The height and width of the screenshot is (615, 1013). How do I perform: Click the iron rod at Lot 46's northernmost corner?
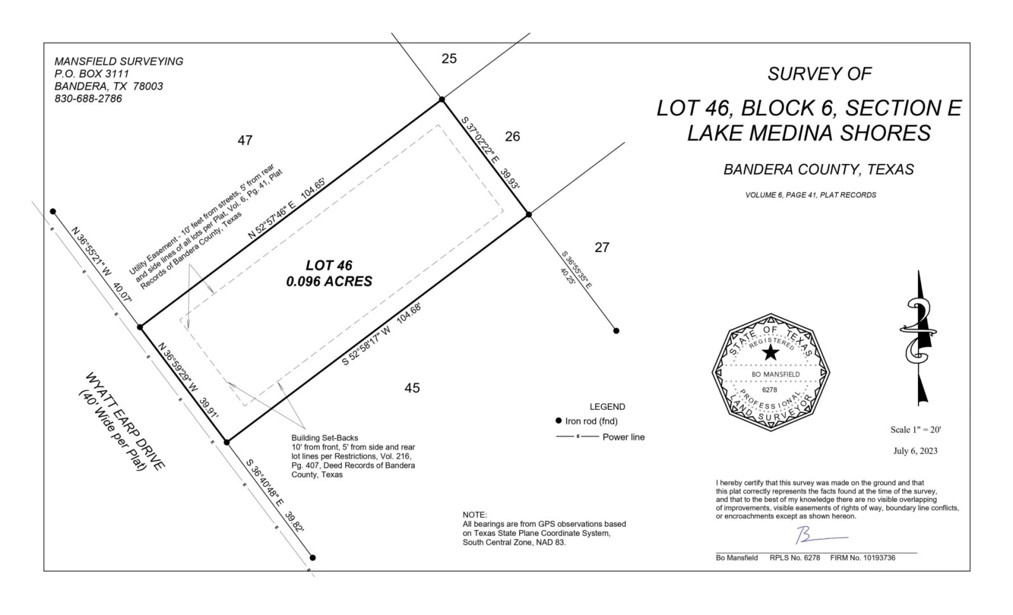[x=442, y=99]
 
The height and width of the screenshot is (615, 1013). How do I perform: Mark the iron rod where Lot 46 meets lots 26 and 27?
[x=529, y=214]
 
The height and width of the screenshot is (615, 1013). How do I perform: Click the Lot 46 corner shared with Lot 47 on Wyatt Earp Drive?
[x=140, y=327]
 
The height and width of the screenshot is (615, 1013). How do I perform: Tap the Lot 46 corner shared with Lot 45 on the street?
[x=227, y=442]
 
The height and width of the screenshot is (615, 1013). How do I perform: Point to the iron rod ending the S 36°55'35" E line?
[x=616, y=331]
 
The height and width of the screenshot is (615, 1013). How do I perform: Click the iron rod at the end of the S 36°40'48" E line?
[x=313, y=557]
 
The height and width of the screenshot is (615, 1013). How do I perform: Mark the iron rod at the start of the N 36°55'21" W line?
[x=53, y=212]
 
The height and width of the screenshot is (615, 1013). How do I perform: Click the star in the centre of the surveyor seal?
[x=771, y=353]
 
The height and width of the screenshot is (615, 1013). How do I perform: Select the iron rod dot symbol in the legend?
[x=558, y=421]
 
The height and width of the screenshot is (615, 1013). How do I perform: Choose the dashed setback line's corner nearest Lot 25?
[x=438, y=125]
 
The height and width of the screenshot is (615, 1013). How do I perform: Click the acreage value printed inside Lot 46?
[x=329, y=281]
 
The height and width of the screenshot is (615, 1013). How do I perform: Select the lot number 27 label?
[x=602, y=248]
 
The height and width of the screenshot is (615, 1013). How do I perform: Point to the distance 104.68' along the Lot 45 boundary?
[x=409, y=313]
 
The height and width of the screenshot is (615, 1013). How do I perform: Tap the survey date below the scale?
[x=915, y=451]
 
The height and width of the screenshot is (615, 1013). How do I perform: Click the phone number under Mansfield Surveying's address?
[x=88, y=99]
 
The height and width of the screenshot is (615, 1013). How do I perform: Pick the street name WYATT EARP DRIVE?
[x=125, y=421]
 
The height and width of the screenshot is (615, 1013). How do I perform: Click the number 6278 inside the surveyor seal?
[x=769, y=390]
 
